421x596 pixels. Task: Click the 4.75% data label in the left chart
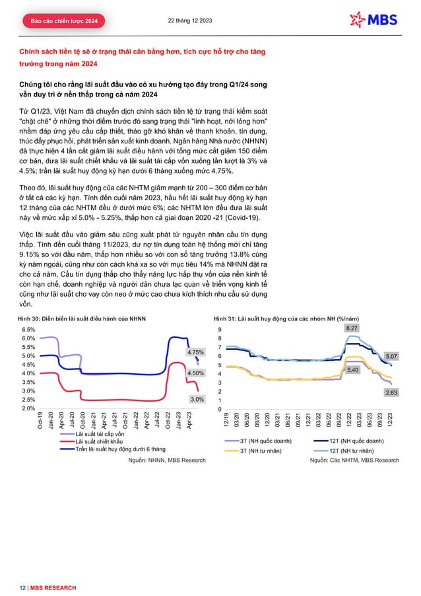pyautogui.click(x=195, y=352)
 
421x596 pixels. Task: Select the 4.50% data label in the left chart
pyautogui.click(x=195, y=373)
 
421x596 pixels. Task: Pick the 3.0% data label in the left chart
pyautogui.click(x=197, y=400)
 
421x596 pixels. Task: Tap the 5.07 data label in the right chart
pyautogui.click(x=391, y=356)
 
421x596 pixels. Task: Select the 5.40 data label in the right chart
pyautogui.click(x=352, y=370)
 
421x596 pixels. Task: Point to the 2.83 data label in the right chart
pyautogui.click(x=391, y=393)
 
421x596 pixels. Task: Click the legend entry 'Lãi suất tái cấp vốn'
pyautogui.click(x=99, y=433)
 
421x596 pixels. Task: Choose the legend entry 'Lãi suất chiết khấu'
pyautogui.click(x=98, y=441)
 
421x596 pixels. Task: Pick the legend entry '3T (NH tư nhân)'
pyautogui.click(x=271, y=450)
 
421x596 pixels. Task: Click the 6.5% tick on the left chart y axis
pyautogui.click(x=28, y=329)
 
